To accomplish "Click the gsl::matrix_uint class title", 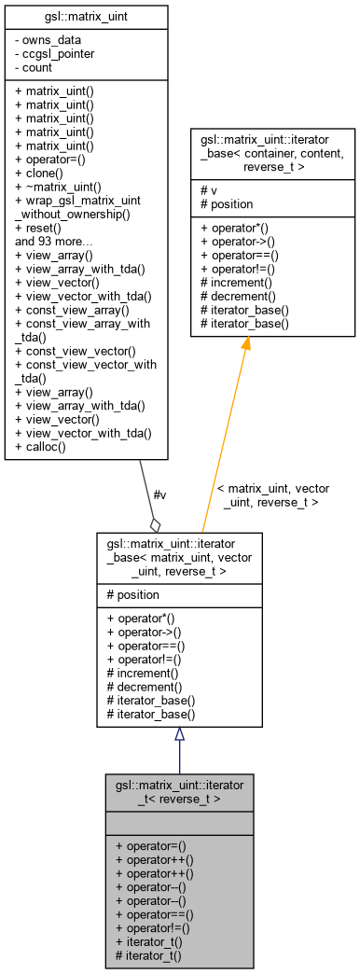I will pos(86,18).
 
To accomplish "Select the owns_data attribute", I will pos(49,40).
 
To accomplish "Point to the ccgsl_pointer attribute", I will pos(54,53).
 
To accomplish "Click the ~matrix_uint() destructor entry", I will pos(58,187).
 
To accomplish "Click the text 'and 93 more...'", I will pos(54,240).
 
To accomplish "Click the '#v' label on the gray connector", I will pos(159,494).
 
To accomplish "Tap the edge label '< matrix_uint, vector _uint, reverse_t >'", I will pos(272,494).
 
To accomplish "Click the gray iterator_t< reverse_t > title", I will pos(179,792).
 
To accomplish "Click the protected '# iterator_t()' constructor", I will pos(147,955).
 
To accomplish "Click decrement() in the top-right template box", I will pos(240,295).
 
